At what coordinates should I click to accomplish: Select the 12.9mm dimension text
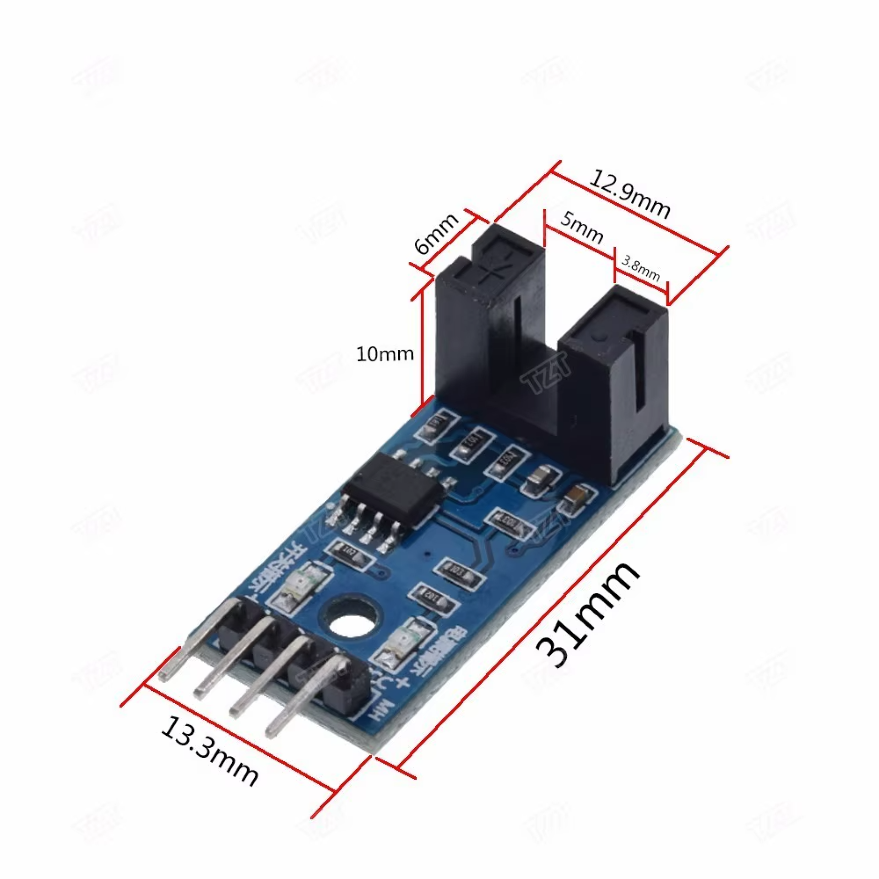pos(629,194)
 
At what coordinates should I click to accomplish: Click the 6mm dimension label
pos(435,233)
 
